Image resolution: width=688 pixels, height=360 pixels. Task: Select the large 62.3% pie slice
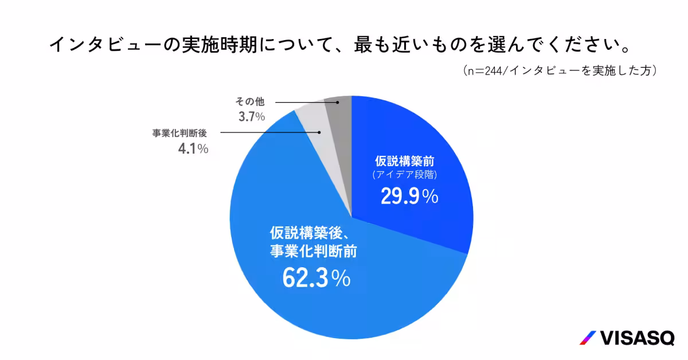click(321, 298)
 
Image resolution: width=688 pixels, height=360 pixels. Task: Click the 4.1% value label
click(193, 149)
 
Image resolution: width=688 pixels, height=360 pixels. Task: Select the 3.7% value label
click(250, 117)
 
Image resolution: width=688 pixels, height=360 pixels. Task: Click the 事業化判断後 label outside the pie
click(179, 133)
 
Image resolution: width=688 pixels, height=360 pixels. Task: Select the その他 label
click(250, 102)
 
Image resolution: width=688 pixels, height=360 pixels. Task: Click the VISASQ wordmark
click(637, 338)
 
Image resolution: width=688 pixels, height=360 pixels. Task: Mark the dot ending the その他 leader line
click(338, 103)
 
